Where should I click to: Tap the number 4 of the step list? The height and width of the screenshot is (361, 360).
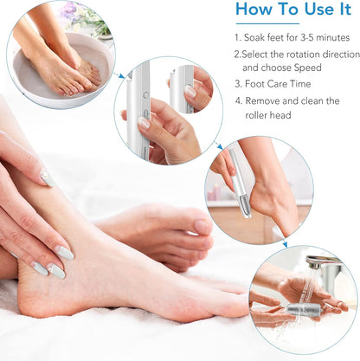point(238,102)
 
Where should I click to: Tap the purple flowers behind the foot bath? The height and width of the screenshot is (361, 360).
point(71,10)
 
